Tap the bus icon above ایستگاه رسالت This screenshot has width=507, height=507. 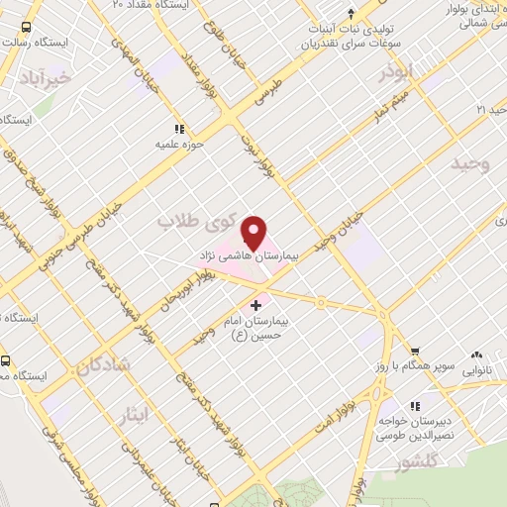[25, 27]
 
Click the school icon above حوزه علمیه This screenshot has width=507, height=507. [179, 129]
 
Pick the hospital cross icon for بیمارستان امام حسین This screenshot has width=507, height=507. [257, 304]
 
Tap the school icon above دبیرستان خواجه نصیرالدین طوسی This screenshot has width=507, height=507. [415, 406]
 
